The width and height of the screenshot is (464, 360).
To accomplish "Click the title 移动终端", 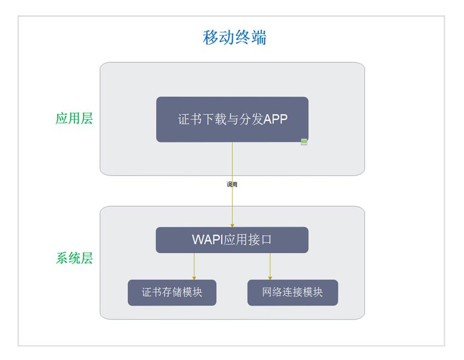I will [234, 38].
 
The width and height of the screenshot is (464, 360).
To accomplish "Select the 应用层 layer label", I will [74, 119].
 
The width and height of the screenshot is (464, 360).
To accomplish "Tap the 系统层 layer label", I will [74, 258].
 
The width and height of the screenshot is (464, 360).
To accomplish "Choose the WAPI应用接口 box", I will [232, 240].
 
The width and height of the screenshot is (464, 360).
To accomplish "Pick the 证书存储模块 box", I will [172, 293].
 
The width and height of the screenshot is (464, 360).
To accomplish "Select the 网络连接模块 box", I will [292, 293].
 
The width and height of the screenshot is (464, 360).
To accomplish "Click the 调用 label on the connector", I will [232, 185].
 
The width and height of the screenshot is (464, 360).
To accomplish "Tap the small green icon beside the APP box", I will [304, 142].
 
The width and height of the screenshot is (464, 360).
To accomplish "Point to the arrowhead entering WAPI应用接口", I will [232, 225].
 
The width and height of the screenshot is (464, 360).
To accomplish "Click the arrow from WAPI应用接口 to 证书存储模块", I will [194, 266].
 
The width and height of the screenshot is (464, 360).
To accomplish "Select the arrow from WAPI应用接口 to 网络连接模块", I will [270, 266].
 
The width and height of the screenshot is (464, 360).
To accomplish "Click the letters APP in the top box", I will [275, 119].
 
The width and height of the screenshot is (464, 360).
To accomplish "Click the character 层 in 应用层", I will [87, 119].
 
